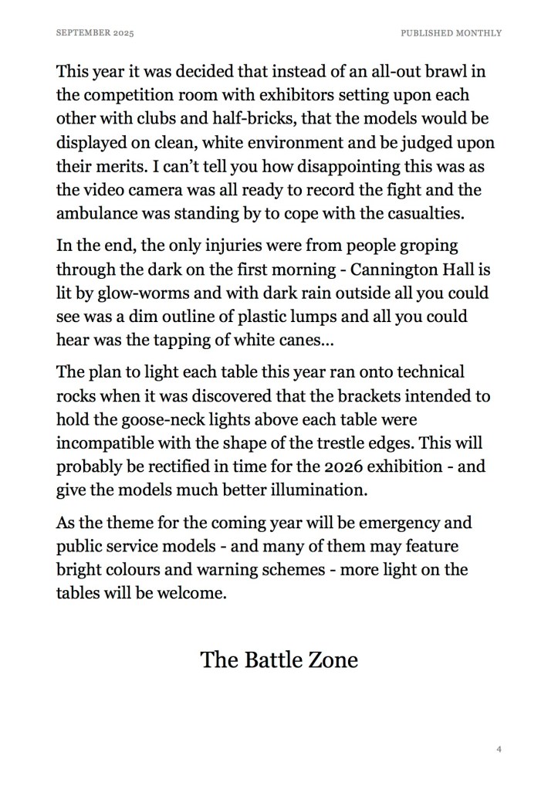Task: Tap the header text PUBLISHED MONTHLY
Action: [451, 33]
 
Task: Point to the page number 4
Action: [499, 748]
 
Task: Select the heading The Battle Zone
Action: [279, 659]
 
